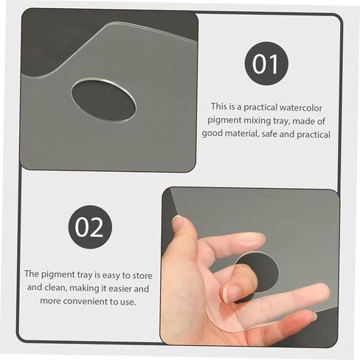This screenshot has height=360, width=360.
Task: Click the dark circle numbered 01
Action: (x=266, y=63)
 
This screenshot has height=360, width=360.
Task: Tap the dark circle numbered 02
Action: (x=90, y=227)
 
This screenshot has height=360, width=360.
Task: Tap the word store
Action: (x=142, y=275)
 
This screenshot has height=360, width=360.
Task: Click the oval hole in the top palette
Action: (x=103, y=100)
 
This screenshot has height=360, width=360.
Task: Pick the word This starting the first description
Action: (x=218, y=106)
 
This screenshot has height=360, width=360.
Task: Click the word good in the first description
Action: (x=211, y=134)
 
